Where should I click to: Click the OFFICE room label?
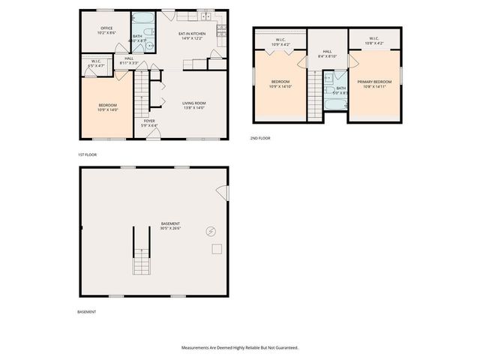[x=106, y=31]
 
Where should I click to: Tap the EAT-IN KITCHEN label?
[x=192, y=36]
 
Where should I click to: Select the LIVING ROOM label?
[x=194, y=105]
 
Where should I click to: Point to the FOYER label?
[x=149, y=122]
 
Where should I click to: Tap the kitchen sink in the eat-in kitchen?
[x=205, y=16]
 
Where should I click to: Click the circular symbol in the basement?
[x=211, y=231]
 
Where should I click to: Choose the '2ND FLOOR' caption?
[x=260, y=138]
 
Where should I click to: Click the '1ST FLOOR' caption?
[x=87, y=154]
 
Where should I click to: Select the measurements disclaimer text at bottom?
[x=240, y=348]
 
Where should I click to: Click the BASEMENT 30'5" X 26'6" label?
[x=170, y=226]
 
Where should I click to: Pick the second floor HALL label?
[x=327, y=53]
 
